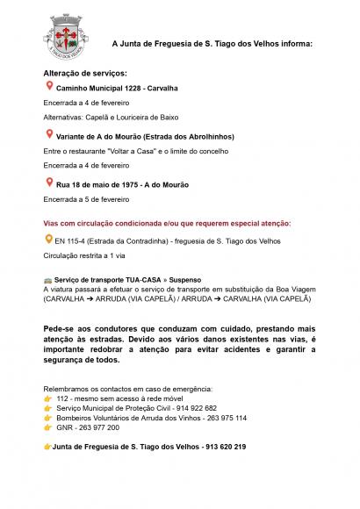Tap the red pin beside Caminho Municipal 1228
(x=48, y=87)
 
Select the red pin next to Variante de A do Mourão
(x=48, y=134)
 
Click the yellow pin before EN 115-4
(x=48, y=239)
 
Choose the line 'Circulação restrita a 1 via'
(x=84, y=254)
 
